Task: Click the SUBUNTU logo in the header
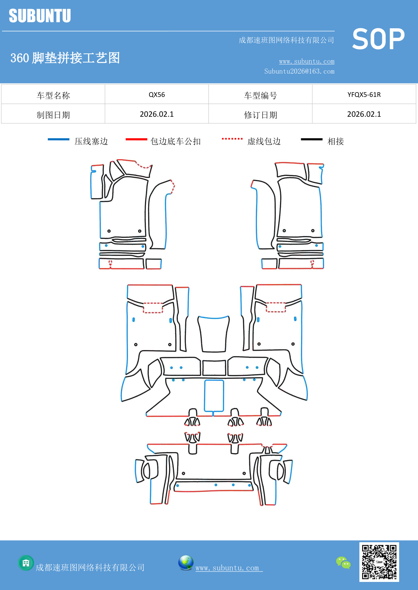[x=40, y=16]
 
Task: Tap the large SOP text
[x=378, y=39]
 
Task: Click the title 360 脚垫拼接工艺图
[x=65, y=58]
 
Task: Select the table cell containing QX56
[x=157, y=95]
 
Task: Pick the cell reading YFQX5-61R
[x=364, y=95]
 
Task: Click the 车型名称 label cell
[x=53, y=95]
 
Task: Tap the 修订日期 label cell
[x=260, y=115]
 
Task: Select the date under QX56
[x=157, y=114]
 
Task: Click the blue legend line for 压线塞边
[x=58, y=139]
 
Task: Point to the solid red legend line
[x=136, y=139]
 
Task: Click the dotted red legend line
[x=232, y=139]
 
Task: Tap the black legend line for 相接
[x=312, y=139]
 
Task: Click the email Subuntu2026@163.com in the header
[x=299, y=71]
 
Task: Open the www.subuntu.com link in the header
[x=307, y=62]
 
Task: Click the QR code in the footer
[x=379, y=562]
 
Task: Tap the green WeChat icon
[x=343, y=563]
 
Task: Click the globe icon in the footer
[x=186, y=563]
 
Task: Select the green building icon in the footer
[x=26, y=563]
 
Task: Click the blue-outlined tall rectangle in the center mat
[x=214, y=396]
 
